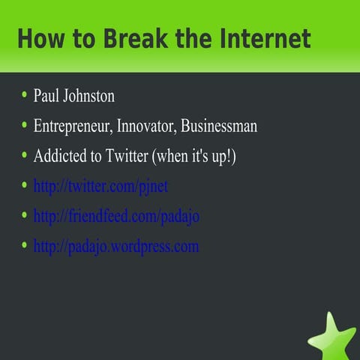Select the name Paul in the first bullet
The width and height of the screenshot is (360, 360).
tap(46, 97)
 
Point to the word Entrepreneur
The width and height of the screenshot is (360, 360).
tap(72, 126)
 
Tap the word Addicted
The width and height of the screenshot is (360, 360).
tap(58, 156)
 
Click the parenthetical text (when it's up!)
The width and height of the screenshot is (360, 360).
tap(196, 156)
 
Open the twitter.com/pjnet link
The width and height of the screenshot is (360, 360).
tap(106, 186)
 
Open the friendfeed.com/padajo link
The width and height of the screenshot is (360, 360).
tap(116, 216)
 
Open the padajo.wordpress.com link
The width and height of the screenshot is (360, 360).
tap(115, 246)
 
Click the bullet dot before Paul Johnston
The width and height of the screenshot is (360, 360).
tap(24, 95)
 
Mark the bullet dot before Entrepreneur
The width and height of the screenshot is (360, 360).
tap(24, 124)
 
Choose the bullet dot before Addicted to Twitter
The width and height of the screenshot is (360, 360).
tap(24, 154)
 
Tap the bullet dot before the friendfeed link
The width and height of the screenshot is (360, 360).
tap(24, 214)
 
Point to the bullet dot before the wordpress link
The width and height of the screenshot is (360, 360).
tap(24, 244)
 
